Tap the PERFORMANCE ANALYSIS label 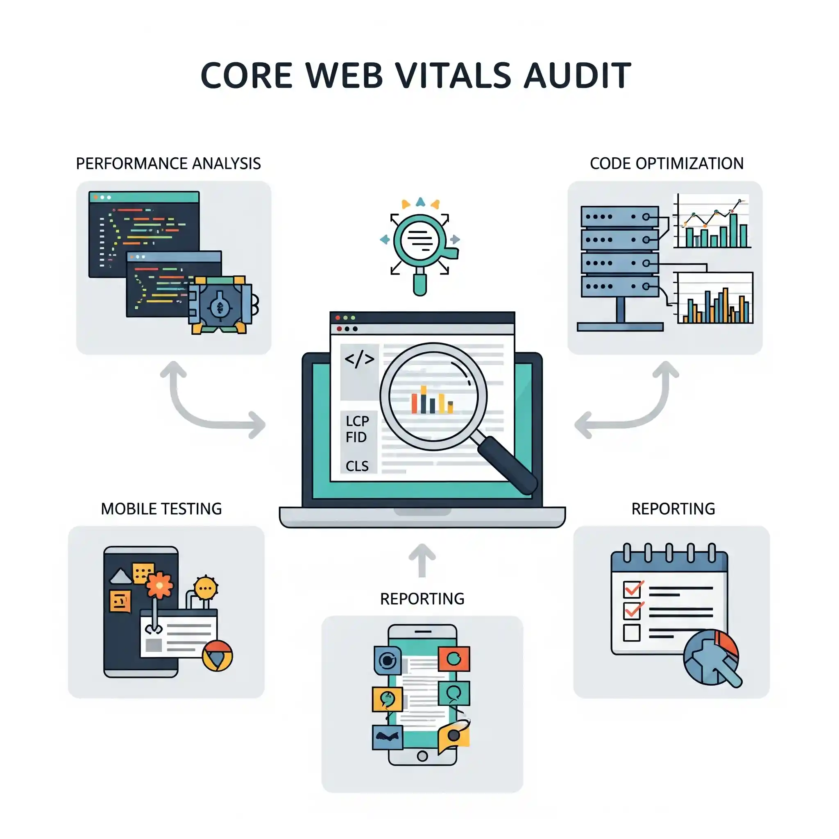tap(168, 164)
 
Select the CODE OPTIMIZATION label tap(667, 164)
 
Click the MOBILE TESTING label tap(161, 509)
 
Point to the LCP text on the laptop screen tap(357, 421)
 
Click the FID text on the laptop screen tap(356, 437)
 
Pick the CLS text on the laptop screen tap(357, 466)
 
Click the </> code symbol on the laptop tap(359, 359)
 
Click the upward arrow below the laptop tap(422, 560)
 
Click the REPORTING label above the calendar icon tap(673, 509)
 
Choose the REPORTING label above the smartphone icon tap(422, 599)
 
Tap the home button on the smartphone tap(422, 756)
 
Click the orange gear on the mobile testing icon tap(159, 586)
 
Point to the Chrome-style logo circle tap(218, 656)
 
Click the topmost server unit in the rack tap(620, 216)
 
